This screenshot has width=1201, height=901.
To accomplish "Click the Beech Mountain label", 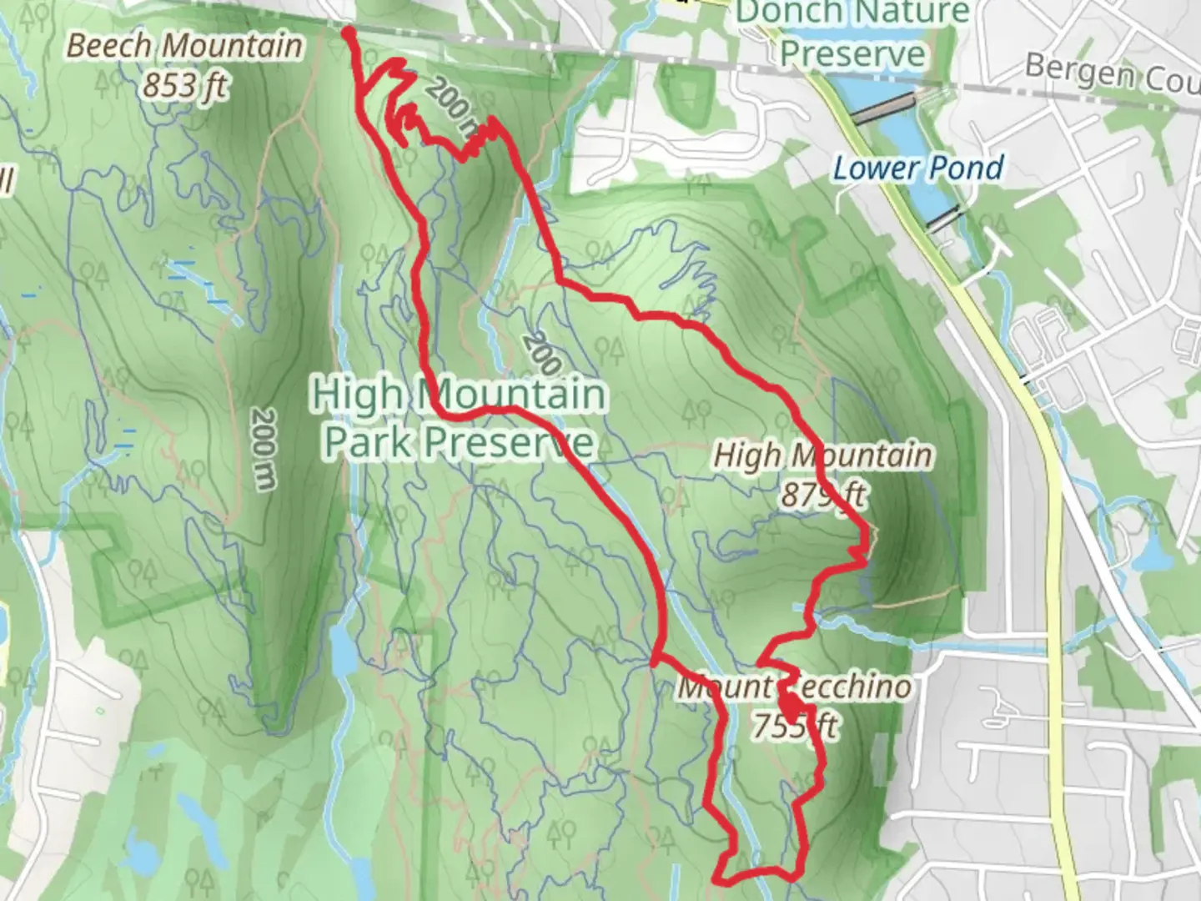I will (184, 46).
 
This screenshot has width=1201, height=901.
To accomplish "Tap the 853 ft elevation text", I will (184, 85).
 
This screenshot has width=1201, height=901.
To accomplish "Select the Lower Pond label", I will (918, 169).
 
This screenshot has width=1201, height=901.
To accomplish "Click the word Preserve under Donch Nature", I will (852, 54).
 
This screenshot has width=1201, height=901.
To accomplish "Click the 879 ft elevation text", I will (823, 495).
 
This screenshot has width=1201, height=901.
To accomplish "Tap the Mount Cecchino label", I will (794, 687).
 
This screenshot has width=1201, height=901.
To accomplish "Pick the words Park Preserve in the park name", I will (459, 442).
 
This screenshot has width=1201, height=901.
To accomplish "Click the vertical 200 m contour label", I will (263, 449).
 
